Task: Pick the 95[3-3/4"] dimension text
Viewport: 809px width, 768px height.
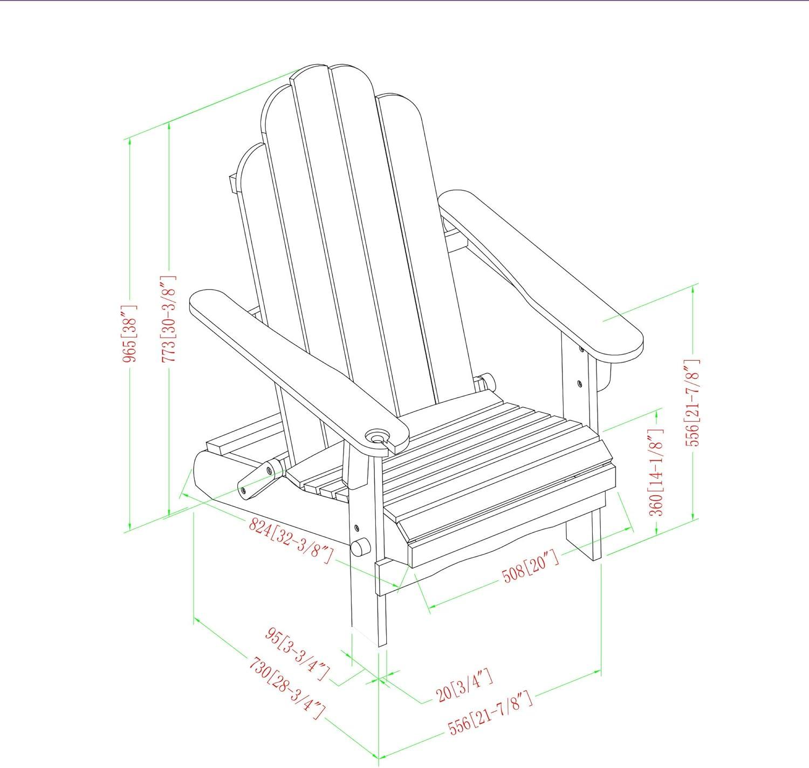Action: click(x=297, y=655)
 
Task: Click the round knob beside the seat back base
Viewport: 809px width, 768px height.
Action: click(x=487, y=381)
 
